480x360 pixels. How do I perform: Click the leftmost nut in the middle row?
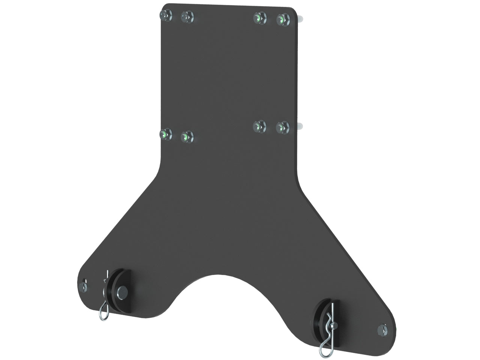(x=165, y=133)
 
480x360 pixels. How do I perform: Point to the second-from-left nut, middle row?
(x=187, y=137)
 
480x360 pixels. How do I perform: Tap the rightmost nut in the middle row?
(x=282, y=127)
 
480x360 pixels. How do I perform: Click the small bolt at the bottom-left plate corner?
(x=83, y=287)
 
